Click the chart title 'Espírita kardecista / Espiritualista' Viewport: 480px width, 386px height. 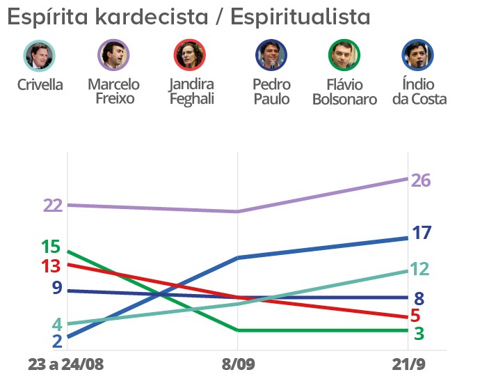click(x=188, y=17)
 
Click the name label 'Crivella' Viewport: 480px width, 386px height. click(x=40, y=85)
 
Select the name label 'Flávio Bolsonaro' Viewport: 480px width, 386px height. click(x=344, y=92)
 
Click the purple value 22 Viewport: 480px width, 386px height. click(x=53, y=206)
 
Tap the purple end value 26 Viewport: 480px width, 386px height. click(x=421, y=180)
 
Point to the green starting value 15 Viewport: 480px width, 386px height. click(x=51, y=247)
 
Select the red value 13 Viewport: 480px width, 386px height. click(x=51, y=266)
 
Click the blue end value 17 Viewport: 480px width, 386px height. click(x=422, y=233)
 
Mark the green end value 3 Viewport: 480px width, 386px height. click(x=419, y=334)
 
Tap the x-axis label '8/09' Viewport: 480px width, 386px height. click(x=238, y=365)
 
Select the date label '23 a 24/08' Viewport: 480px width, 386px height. click(x=65, y=365)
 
